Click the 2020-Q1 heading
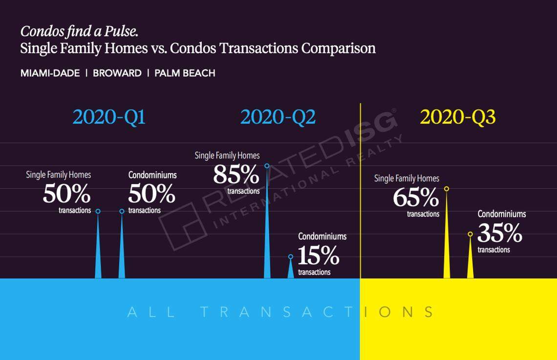tap(109, 117)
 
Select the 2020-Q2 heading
tap(278, 117)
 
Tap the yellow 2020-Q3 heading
tap(458, 117)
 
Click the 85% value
tap(236, 174)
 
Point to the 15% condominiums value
tap(318, 255)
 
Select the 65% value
tap(416, 198)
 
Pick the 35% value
tap(500, 233)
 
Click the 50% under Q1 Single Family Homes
tap(66, 194)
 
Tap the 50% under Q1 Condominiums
tap(151, 194)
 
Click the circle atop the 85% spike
tap(267, 166)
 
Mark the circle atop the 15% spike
tap(291, 256)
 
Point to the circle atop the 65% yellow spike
tap(446, 189)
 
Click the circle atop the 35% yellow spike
tap(470, 234)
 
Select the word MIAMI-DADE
tap(50, 73)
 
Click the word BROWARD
tap(117, 73)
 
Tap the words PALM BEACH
tap(185, 73)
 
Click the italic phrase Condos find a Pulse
tap(79, 32)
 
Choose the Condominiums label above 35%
tap(501, 214)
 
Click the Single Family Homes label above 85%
tap(227, 155)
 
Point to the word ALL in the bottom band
tap(151, 312)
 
